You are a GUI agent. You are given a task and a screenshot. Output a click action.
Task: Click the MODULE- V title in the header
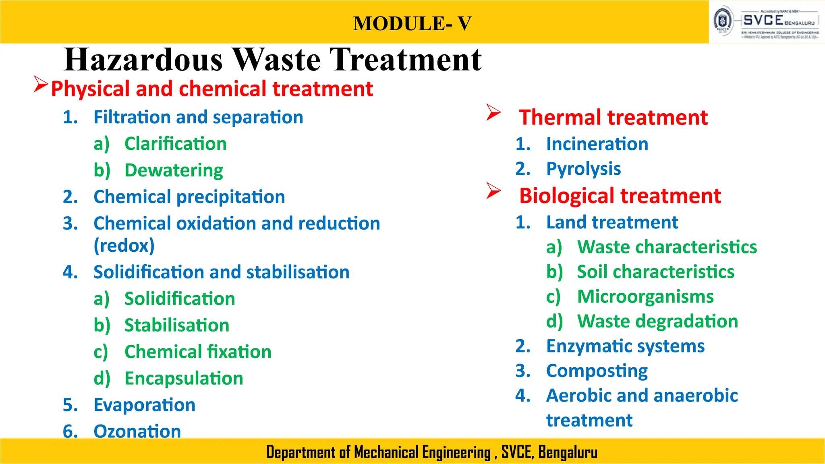tap(412, 23)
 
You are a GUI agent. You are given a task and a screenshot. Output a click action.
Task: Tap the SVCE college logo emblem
tap(723, 21)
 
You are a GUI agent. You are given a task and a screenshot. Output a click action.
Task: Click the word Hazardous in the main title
tap(143, 60)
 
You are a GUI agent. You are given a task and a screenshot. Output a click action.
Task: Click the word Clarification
tap(175, 144)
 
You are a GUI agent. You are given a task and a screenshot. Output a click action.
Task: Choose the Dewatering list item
tap(174, 170)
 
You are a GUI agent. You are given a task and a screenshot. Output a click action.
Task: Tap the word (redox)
tap(124, 246)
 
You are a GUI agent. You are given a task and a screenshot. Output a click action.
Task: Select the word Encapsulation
tap(184, 379)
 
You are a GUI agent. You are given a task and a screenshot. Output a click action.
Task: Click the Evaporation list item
tap(144, 405)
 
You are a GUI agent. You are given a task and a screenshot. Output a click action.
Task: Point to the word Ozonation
tap(137, 431)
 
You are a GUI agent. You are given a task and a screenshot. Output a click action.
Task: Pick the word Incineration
tap(597, 144)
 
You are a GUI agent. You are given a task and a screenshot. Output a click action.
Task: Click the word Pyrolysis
tap(583, 169)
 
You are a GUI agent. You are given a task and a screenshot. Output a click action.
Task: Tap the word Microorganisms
tap(645, 297)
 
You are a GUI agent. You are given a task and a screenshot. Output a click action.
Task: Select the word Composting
tap(597, 371)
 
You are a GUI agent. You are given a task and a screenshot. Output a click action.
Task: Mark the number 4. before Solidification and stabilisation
tap(70, 272)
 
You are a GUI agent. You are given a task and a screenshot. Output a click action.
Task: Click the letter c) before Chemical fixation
tap(101, 352)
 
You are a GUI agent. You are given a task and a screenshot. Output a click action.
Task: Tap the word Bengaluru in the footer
tap(568, 452)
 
